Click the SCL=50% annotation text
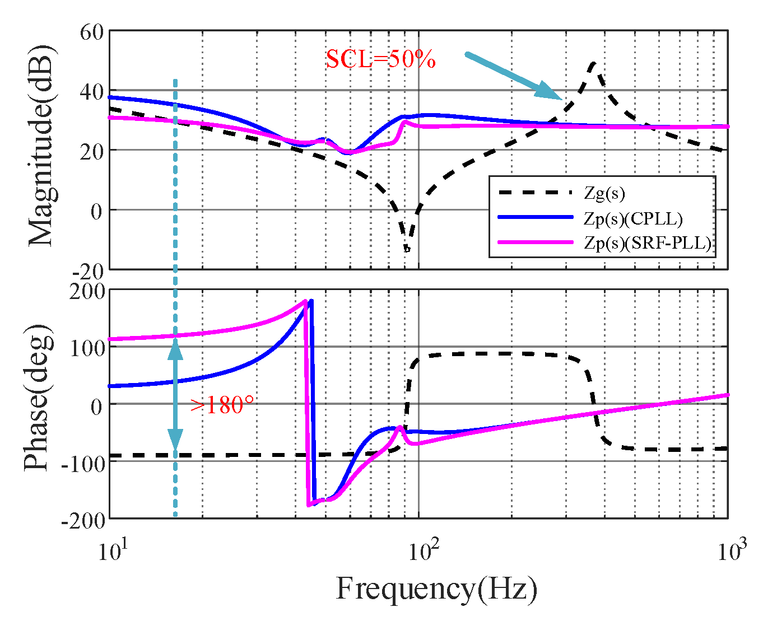tap(380, 59)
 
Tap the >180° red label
tap(222, 405)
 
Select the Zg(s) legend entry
tap(604, 193)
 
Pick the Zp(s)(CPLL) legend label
tap(633, 218)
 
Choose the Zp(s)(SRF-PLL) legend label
tap(648, 242)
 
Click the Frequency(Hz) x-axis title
tap(436, 589)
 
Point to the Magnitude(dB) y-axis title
tap(40, 150)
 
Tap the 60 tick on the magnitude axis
tap(92, 32)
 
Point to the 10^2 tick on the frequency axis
tap(421, 550)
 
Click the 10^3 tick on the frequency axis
tap(730, 550)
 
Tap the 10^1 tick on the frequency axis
tap(110, 550)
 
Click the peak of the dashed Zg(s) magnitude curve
tap(593, 63)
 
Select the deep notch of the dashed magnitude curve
tap(407, 248)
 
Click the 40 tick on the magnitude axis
tap(92, 91)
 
